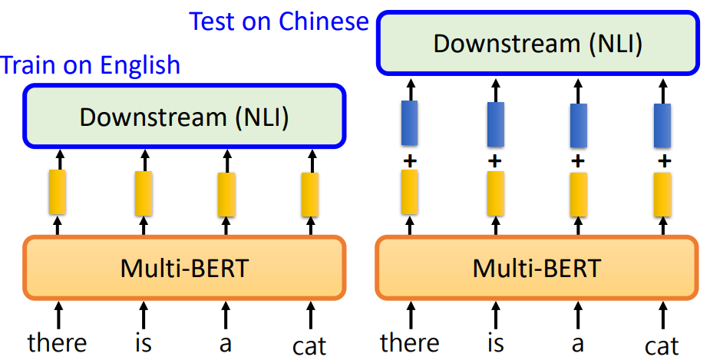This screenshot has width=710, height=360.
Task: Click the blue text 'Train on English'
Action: pos(91,65)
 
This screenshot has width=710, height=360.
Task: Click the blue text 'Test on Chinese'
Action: pos(279,21)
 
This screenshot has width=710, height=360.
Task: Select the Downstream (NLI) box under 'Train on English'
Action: pos(185,117)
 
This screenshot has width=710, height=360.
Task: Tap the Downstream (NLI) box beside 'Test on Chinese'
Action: pos(537,43)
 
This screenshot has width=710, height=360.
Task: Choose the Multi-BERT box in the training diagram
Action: pos(185,267)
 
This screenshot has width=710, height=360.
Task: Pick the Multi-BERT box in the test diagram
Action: pos(537,267)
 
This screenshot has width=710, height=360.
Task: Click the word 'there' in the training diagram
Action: pos(58,342)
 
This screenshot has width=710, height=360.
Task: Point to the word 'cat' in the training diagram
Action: pos(309,345)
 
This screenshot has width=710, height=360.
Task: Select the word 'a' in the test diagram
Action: pos(578,343)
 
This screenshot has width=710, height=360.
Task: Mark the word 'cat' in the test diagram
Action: pos(662,345)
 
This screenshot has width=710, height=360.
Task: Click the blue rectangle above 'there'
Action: pos(410,123)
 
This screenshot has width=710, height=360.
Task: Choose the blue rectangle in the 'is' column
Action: pos(495,124)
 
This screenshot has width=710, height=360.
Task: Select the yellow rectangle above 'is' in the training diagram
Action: pos(143,193)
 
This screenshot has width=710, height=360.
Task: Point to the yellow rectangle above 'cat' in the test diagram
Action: pos(662,193)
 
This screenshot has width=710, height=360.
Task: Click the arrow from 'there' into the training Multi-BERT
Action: pos(58,315)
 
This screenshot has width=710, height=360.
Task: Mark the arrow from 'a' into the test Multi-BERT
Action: pos(579,315)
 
